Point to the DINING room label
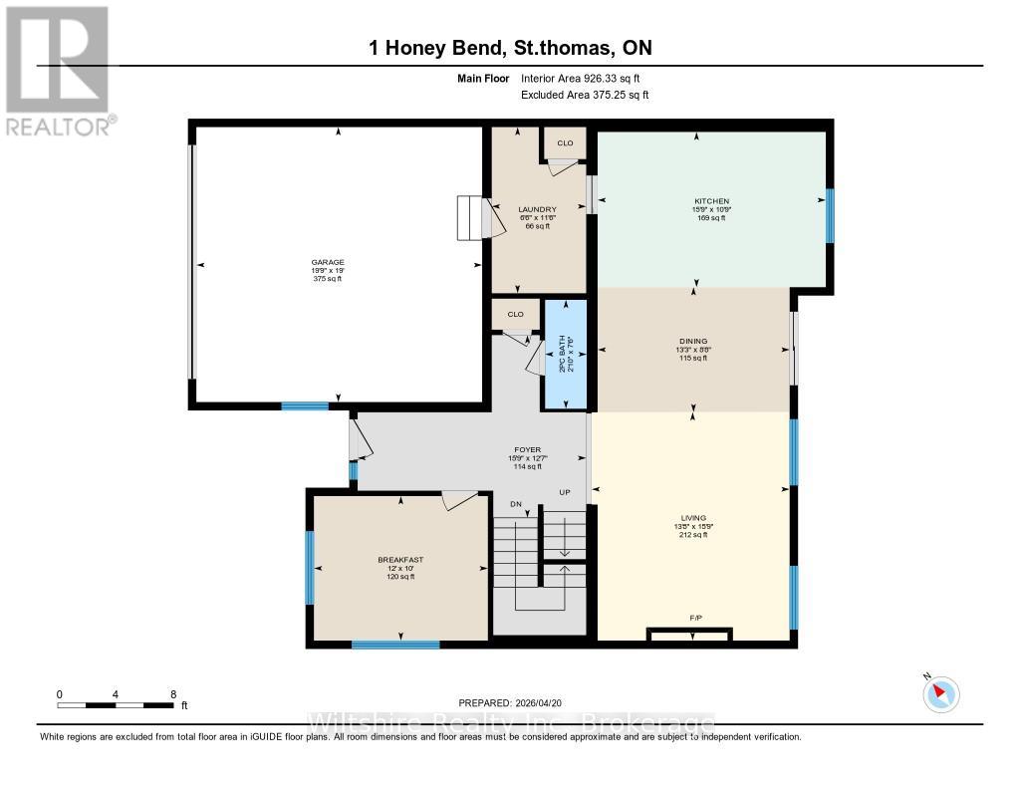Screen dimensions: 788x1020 691,341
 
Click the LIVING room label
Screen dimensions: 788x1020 692,518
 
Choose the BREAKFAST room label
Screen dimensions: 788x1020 399,560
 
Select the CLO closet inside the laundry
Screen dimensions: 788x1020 565,143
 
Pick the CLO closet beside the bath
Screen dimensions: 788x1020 515,314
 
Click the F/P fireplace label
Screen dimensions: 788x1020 696,619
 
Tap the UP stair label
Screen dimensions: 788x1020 564,493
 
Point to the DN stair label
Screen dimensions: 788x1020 515,505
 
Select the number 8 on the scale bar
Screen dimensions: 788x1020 173,694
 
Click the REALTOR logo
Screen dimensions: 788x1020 57,70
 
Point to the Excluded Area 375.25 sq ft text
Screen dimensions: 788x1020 585,96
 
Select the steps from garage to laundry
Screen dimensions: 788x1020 469,218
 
